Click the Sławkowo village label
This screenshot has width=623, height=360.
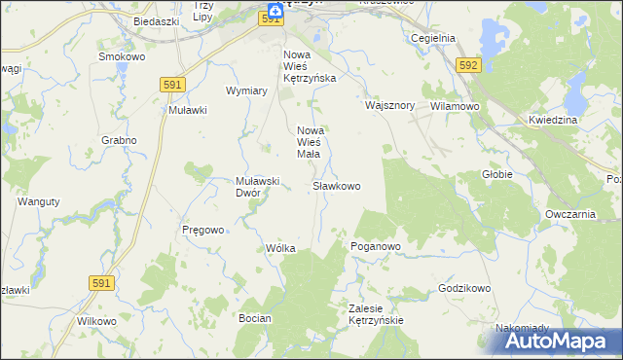coord(337,185)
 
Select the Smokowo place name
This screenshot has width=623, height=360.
coord(122,57)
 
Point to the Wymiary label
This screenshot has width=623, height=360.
coord(246,90)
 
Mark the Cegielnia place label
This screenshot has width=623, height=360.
coord(433,38)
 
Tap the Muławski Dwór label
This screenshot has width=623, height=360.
coord(259,186)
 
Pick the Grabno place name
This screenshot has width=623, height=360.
coord(118,140)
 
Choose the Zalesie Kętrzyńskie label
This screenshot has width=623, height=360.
coord(376,313)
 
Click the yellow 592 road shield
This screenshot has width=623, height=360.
coord(469,64)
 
